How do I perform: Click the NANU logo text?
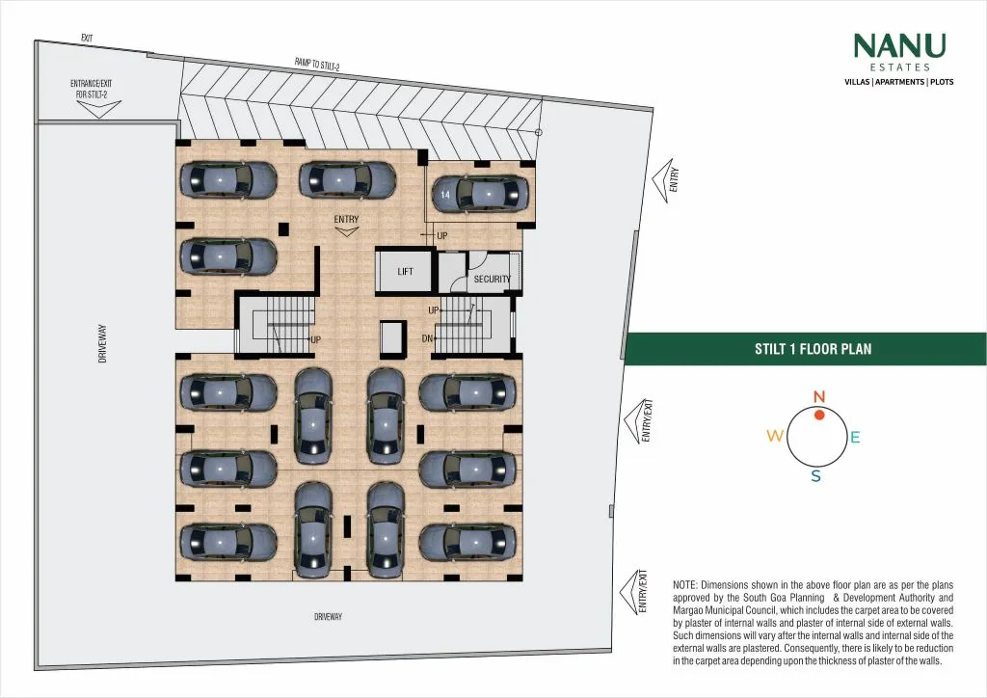[899, 46]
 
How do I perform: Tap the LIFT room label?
[406, 272]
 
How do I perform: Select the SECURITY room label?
[492, 280]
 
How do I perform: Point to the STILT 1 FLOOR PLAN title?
[813, 349]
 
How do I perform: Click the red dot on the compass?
[818, 415]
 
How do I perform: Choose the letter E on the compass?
[855, 438]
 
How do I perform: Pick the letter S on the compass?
[815, 476]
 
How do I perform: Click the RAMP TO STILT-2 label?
[317, 65]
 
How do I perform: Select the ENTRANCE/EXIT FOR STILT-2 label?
[91, 89]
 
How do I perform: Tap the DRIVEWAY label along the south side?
[329, 617]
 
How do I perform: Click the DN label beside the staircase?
[427, 338]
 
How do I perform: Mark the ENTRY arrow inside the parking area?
[347, 231]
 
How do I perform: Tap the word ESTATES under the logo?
[899, 67]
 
